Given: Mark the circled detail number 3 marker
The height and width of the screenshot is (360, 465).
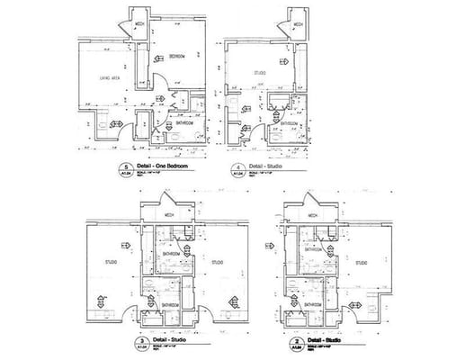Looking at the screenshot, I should click(139, 344).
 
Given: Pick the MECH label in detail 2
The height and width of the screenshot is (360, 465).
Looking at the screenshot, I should click(314, 216).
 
